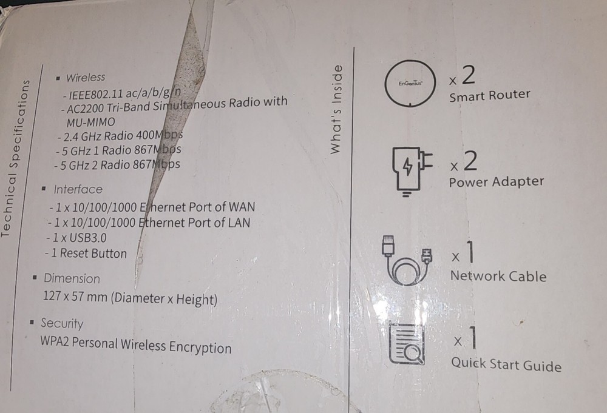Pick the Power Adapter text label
496,182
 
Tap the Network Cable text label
498,276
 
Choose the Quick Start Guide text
506,364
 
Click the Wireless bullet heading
84,78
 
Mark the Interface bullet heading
78,189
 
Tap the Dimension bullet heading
71,279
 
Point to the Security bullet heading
61,323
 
